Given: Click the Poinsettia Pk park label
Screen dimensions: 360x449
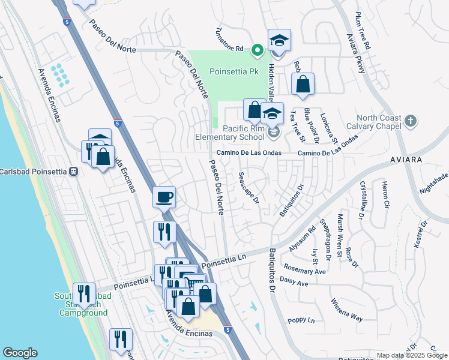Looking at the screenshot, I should coord(234,71).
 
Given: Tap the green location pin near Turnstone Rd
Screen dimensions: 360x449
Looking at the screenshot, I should coord(258,50).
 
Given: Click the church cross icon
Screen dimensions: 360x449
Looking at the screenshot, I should coord(410,121).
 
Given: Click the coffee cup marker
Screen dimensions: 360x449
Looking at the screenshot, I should coord(164,197).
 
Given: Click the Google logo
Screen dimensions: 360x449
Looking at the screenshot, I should coord(20,353).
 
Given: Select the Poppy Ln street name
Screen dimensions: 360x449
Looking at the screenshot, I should coord(301,320).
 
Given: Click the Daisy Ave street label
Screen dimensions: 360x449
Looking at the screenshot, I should coord(294,281).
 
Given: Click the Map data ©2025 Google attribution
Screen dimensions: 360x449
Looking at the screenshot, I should coord(412,355).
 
